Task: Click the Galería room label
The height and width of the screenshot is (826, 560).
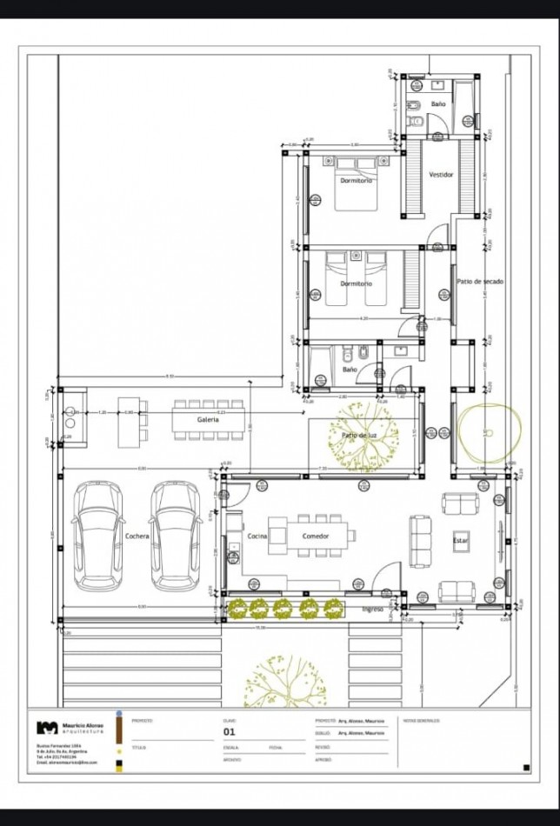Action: tap(207, 419)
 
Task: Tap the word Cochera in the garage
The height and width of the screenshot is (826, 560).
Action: tap(137, 536)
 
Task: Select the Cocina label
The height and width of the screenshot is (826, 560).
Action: tap(257, 536)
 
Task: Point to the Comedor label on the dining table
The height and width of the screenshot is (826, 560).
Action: tap(315, 536)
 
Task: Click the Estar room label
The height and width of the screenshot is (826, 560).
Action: tap(460, 540)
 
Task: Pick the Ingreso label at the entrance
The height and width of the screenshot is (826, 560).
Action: tap(373, 609)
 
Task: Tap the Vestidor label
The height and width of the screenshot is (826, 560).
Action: tap(441, 175)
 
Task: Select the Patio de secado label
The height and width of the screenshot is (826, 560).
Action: tap(481, 282)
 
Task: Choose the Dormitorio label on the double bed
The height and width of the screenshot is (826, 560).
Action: tap(357, 180)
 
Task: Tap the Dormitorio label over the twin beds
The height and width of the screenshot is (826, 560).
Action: tap(356, 283)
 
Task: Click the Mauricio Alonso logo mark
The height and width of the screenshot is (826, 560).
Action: tap(47, 728)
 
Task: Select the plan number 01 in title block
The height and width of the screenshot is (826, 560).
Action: tap(230, 732)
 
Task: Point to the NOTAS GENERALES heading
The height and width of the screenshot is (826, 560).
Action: tap(422, 721)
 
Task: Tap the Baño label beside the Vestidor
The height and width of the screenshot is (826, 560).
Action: tap(437, 103)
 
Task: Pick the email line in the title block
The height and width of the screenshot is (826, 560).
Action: tap(67, 763)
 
